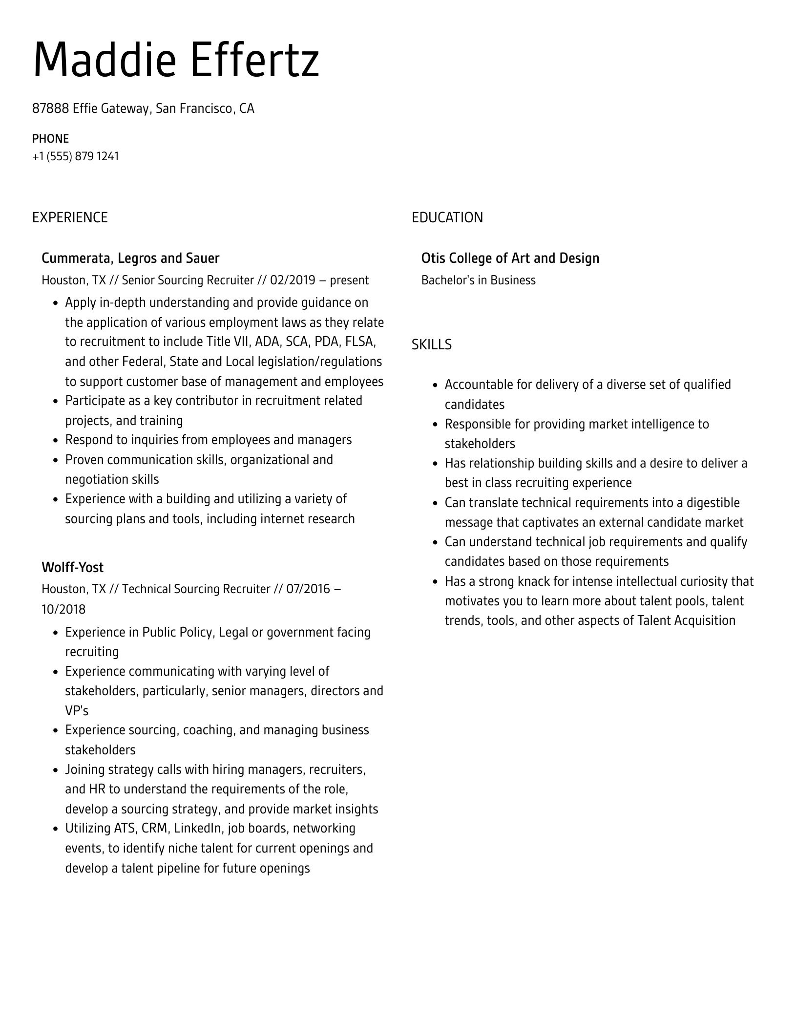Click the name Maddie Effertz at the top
[x=176, y=60]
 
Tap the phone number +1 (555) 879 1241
[x=76, y=156]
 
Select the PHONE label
[x=50, y=139]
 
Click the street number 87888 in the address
[x=50, y=108]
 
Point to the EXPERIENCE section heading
[x=70, y=217]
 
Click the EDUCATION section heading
[x=447, y=217]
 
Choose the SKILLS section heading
[x=431, y=344]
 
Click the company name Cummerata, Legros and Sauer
[x=130, y=258]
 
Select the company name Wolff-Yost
[x=72, y=567]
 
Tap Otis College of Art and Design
[x=510, y=258]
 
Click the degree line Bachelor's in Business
[x=478, y=280]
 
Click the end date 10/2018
[x=63, y=609]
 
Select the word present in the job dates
[x=349, y=280]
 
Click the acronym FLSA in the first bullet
[x=360, y=342]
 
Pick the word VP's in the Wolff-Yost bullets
[x=77, y=710]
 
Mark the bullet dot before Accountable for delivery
[x=435, y=385]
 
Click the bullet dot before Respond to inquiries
[x=55, y=440]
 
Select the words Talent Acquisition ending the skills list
[x=686, y=620]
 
